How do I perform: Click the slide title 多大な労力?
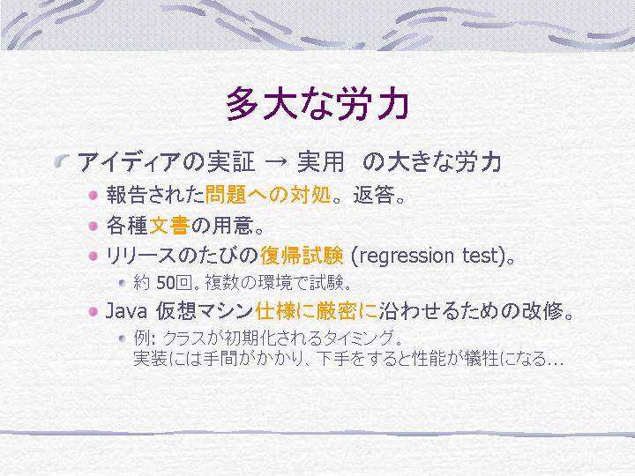pyautogui.click(x=317, y=104)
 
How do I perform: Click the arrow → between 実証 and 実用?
pyautogui.click(x=275, y=162)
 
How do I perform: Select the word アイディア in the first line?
pyautogui.click(x=129, y=162)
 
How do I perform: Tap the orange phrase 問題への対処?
pyautogui.click(x=268, y=194)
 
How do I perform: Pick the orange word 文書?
pyautogui.click(x=169, y=225)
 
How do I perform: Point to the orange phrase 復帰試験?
pyautogui.click(x=302, y=256)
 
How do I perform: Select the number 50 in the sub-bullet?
pyautogui.click(x=166, y=283)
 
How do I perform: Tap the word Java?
pyautogui.click(x=126, y=311)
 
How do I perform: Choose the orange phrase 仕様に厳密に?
pyautogui.click(x=317, y=311)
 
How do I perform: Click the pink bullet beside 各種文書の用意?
pyautogui.click(x=93, y=226)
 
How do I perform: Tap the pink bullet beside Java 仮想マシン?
pyautogui.click(x=93, y=311)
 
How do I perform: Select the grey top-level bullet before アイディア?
pyautogui.click(x=63, y=161)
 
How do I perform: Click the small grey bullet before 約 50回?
pyautogui.click(x=123, y=283)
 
